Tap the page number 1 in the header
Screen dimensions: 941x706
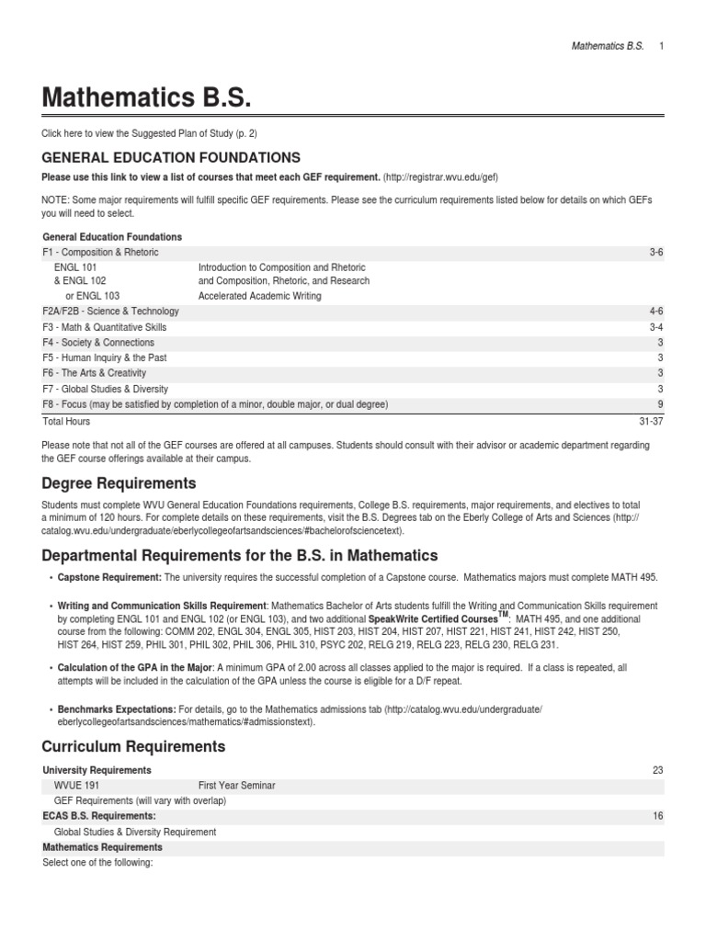[x=661, y=46]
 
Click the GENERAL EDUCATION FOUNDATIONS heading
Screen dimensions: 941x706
[x=172, y=158]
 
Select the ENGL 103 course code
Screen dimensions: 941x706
[x=92, y=297]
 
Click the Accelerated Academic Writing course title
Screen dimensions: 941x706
[x=260, y=297]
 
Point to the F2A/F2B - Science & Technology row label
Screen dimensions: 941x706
[x=111, y=312]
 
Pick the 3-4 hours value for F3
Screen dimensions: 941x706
[x=655, y=328]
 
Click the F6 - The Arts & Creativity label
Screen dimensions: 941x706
[x=95, y=374]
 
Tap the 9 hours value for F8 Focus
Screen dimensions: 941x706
[x=660, y=405]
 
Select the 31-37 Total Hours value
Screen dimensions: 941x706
[x=651, y=422]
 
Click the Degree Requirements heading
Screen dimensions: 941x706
[x=120, y=483]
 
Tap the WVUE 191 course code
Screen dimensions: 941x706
[x=77, y=786]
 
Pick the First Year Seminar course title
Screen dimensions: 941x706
[x=237, y=786]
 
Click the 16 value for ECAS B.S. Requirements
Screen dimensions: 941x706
[x=657, y=816]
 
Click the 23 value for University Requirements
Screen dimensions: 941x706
[x=657, y=770]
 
